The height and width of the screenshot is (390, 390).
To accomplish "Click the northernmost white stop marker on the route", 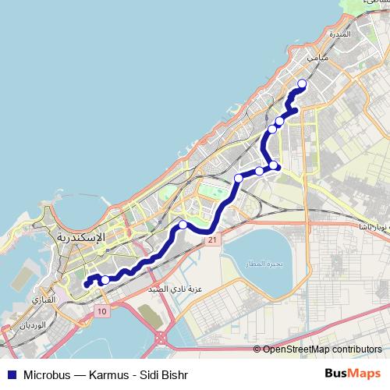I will pos(302,85).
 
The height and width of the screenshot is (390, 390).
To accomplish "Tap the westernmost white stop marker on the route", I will pos(105,279).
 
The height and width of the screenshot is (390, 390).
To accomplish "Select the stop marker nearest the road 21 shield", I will pos(183,225).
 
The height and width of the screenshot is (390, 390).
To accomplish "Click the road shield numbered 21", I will pos(211,241).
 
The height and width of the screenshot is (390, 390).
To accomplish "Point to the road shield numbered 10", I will pos(102,311).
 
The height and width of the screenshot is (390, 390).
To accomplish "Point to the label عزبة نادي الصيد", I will pos(180,289).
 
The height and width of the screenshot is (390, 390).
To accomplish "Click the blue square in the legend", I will pos(11,374).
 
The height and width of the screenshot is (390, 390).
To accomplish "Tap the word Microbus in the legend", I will pos(48,374).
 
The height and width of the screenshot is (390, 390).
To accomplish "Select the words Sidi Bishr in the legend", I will pos(165,374).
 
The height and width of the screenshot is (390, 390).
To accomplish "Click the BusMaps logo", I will pos(353,373).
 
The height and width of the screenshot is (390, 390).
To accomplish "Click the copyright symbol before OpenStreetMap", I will pos(257,350).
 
